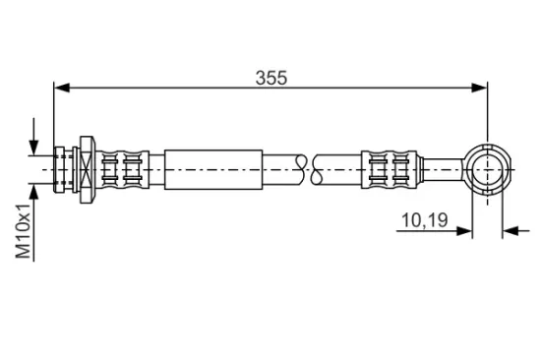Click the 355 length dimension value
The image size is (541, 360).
(x=271, y=78)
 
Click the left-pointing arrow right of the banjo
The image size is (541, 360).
(x=511, y=233)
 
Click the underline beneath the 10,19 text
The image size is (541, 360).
(x=423, y=233)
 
